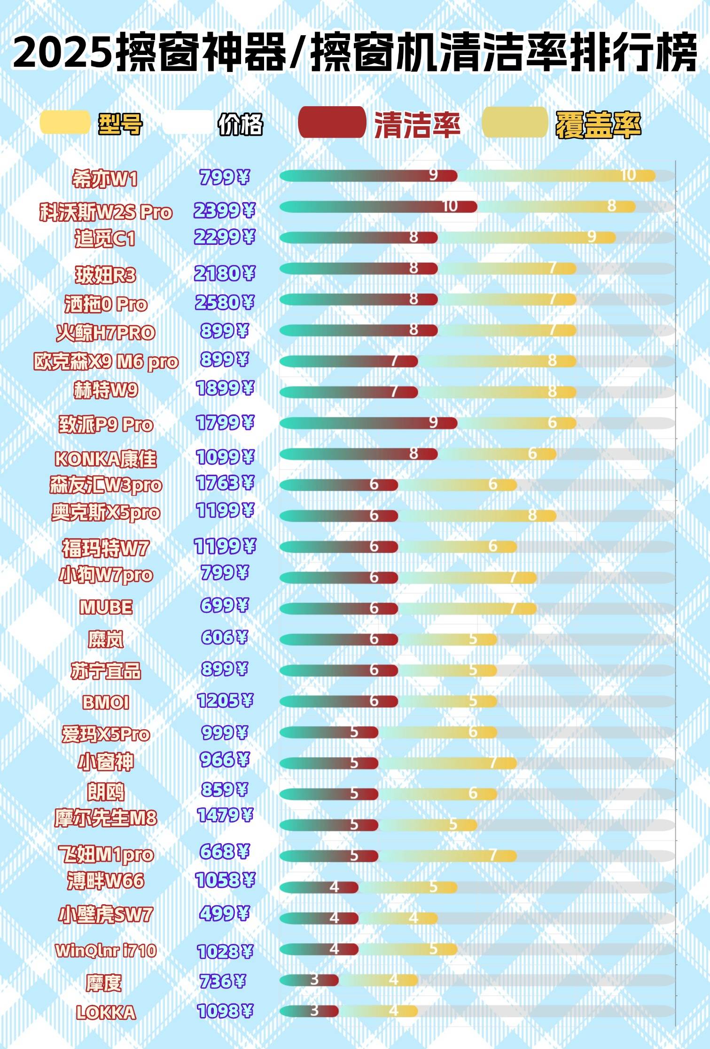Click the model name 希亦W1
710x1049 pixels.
pos(105,179)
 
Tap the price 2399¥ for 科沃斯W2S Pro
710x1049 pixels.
pos(224,211)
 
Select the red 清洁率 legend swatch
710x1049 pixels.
pos(332,123)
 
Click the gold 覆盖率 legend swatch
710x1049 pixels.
pos(515,123)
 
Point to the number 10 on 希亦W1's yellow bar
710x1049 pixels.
pos(628,175)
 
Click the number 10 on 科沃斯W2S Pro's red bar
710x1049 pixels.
pos(450,206)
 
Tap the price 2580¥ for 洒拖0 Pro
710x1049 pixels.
pos(224,302)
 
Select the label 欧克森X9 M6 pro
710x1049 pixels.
pos(106,362)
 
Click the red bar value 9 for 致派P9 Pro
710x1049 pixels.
pos(433,423)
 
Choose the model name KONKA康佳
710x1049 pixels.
pos(106,459)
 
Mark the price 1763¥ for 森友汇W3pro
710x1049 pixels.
pos(225,483)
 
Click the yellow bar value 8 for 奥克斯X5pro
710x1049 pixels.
pos(532,515)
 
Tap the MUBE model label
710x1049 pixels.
pos(106,607)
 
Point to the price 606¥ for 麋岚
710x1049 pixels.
pos(224,637)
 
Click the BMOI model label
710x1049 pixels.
pos(106,702)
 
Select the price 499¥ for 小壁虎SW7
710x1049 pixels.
pos(224,913)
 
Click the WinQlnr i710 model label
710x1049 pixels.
pos(106,950)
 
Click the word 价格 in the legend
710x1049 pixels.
pos(240,125)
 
